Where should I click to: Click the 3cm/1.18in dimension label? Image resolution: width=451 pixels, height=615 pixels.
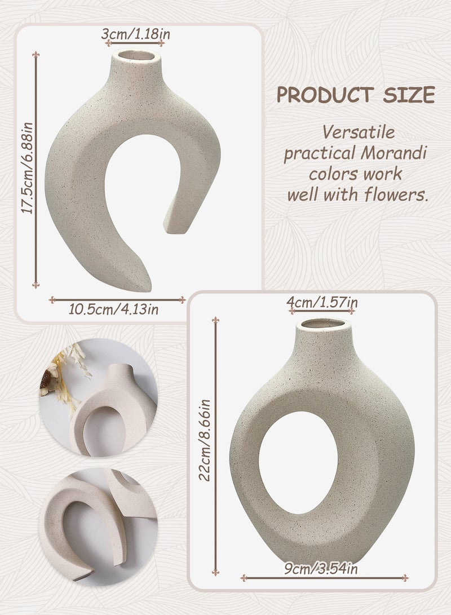(x=136, y=34)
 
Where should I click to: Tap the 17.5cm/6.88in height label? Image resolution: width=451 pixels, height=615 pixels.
(x=28, y=168)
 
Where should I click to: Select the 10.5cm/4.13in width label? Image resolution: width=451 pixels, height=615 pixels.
(x=114, y=309)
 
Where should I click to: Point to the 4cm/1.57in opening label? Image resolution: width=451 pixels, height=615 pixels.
(x=322, y=302)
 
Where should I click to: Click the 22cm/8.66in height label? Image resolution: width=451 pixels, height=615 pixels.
(x=205, y=440)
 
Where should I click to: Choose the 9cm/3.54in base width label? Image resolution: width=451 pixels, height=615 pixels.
(x=321, y=568)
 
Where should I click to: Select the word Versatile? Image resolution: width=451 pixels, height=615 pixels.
(x=359, y=132)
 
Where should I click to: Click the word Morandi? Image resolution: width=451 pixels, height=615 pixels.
(x=393, y=153)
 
